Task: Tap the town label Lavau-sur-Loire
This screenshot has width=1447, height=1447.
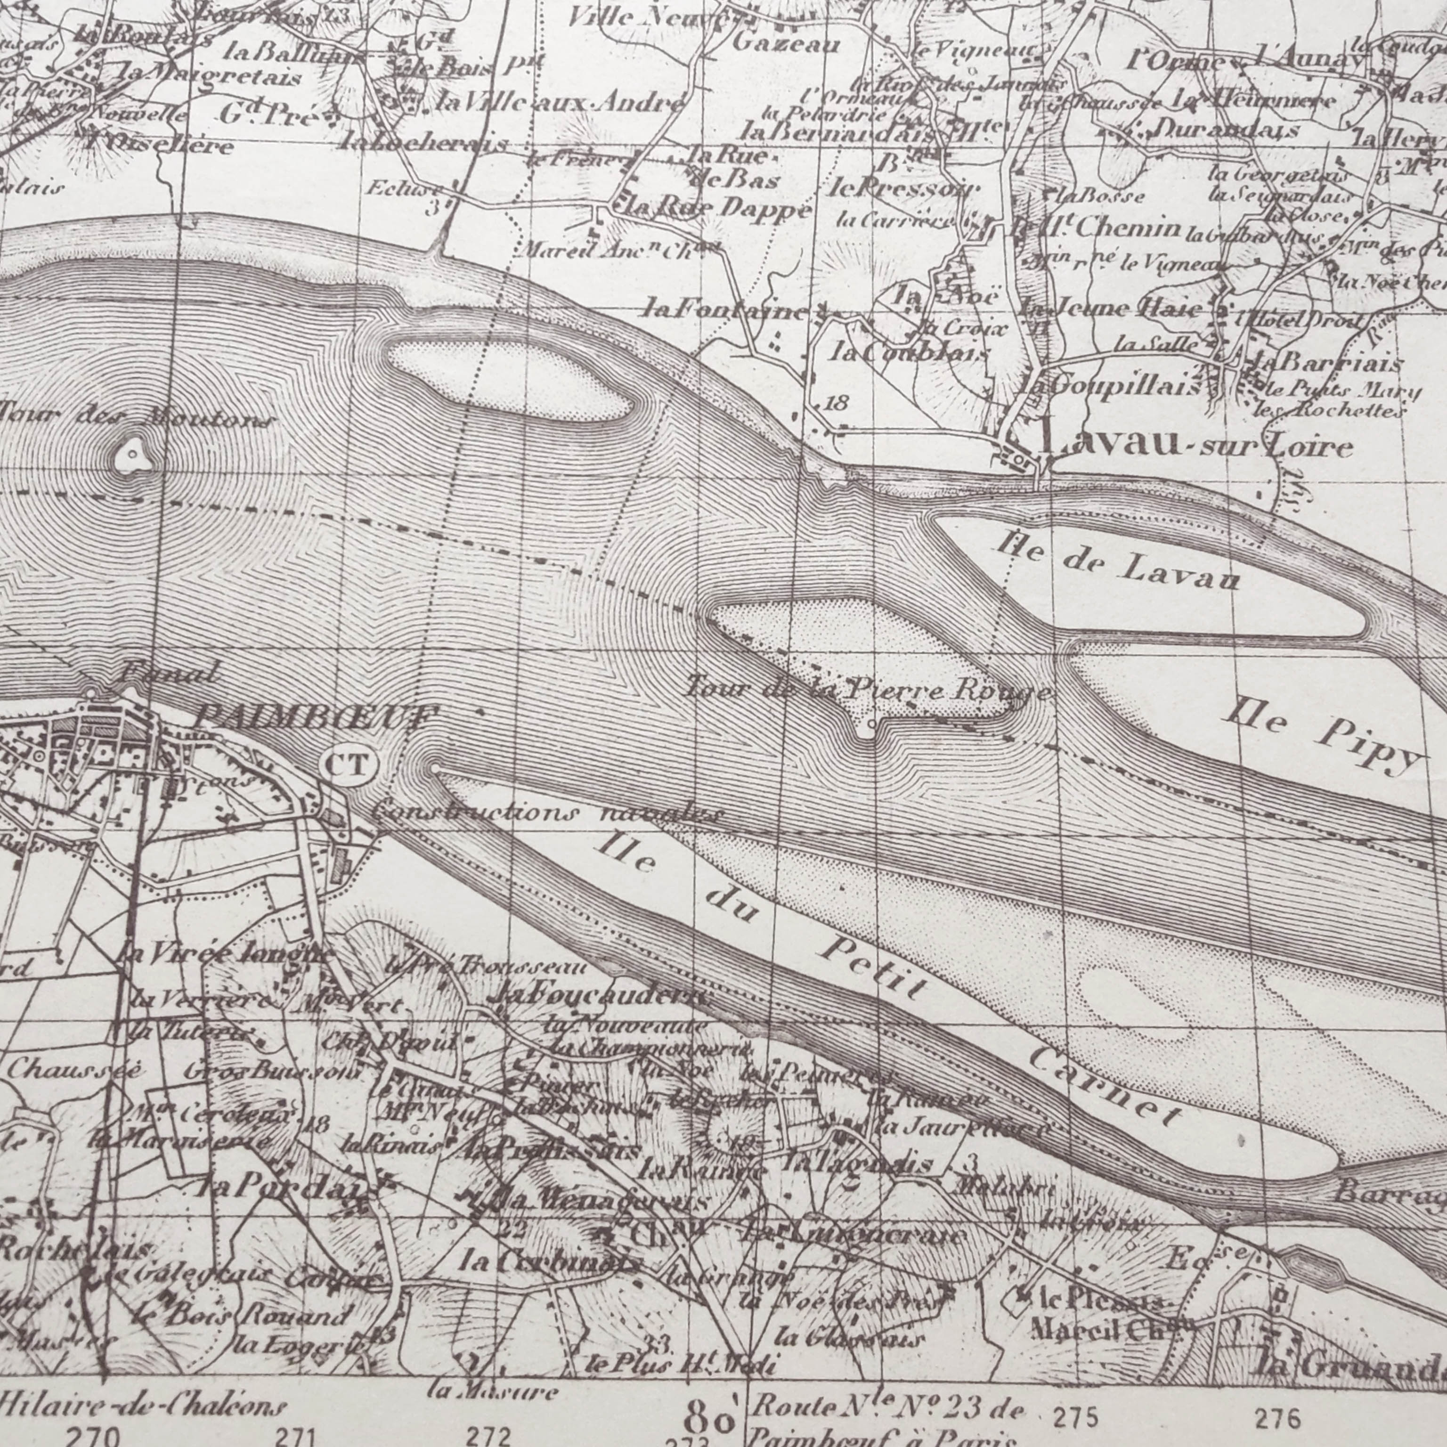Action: pos(1197,447)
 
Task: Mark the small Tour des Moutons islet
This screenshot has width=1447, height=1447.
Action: pos(132,455)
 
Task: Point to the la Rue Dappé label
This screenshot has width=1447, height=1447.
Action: pos(712,208)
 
